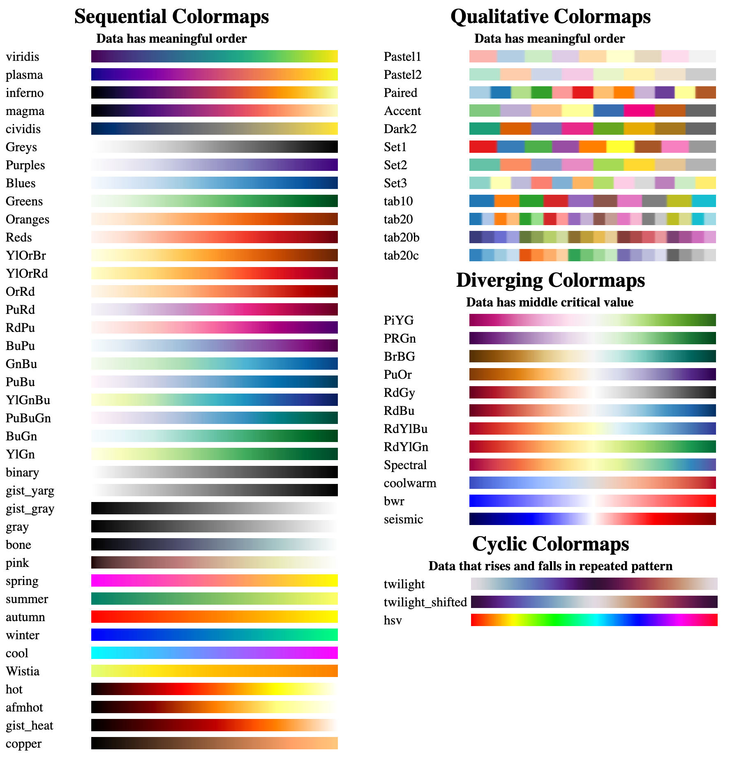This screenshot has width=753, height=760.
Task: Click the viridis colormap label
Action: point(22,57)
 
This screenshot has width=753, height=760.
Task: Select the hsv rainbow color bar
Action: point(594,620)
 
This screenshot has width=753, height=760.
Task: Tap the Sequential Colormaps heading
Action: point(171,17)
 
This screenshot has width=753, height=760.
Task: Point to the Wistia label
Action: point(23,671)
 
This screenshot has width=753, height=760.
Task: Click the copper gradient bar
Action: point(215,743)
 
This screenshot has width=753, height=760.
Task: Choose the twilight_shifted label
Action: point(425,602)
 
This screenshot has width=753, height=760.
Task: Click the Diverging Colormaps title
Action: point(550,281)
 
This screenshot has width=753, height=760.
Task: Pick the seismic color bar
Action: point(593,519)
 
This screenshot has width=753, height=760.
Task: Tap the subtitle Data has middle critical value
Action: point(550,302)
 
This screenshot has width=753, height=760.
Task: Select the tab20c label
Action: point(401,256)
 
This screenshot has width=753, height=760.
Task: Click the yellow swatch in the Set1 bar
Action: point(620,147)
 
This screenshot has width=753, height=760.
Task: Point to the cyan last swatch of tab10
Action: point(704,201)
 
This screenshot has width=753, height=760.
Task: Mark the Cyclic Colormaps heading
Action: point(550,544)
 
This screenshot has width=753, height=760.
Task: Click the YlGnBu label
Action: point(28,400)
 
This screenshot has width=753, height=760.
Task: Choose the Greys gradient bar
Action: point(215,147)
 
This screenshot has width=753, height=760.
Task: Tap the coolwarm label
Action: point(410,483)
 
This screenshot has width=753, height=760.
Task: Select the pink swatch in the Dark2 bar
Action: point(577,129)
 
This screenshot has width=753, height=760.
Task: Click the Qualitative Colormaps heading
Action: point(550,17)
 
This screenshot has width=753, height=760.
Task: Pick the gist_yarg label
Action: point(30,491)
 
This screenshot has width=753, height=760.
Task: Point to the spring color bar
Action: point(215,580)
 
